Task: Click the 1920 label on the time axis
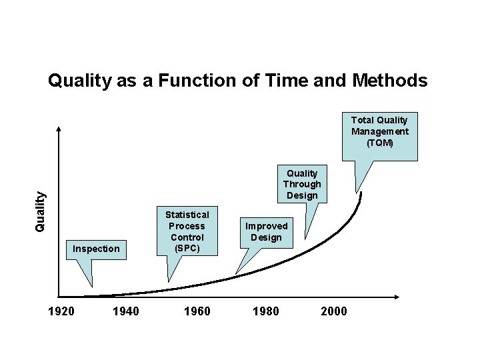pos(61,311)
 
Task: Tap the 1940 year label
pos(126,311)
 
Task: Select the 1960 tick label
pos(197,311)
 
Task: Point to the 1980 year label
pos(266,311)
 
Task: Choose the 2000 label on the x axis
pos(334,311)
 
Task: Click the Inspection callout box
pos(96,249)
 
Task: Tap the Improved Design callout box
pos(266,232)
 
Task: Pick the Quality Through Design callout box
pos(302,183)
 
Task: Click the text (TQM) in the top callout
pos(380,143)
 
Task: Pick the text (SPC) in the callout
pos(187,248)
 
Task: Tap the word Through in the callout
pos(302,184)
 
